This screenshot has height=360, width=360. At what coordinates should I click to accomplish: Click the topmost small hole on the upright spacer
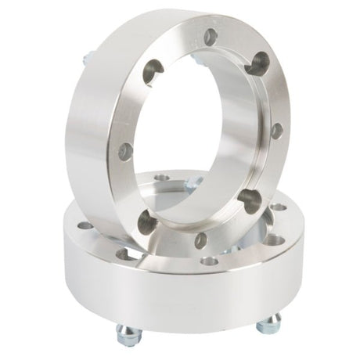(210, 35)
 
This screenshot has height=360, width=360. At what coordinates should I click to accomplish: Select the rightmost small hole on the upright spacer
(276, 131)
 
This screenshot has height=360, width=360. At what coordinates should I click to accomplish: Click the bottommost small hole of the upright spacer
(201, 240)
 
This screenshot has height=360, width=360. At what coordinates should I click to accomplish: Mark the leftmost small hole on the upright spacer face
(125, 151)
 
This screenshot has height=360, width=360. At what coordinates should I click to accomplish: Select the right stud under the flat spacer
(270, 323)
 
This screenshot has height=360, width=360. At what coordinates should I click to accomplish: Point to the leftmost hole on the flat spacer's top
(85, 226)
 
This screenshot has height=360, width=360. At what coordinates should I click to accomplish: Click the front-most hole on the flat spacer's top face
(207, 261)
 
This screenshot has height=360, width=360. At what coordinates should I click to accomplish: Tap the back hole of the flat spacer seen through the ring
(162, 178)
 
